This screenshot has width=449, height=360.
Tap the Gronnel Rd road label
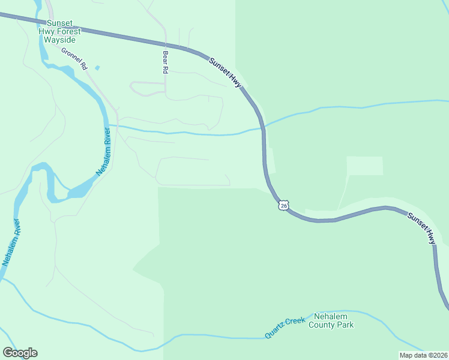tap(75, 57)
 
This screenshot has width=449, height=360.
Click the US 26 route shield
tap(283, 206)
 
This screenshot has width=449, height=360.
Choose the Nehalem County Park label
tap(331, 320)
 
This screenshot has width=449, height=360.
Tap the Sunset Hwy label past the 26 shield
tap(422, 228)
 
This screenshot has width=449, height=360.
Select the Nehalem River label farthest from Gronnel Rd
tap(12, 242)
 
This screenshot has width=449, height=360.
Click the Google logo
tap(20, 353)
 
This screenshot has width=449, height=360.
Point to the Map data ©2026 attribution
tap(423, 355)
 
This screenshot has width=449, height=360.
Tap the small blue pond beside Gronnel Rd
tap(97, 68)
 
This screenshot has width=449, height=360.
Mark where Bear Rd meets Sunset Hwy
tap(165, 44)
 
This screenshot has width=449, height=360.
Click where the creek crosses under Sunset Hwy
tap(262, 127)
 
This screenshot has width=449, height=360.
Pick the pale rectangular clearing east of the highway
tap(364, 166)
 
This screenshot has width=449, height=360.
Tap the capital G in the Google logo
tap(8, 353)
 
